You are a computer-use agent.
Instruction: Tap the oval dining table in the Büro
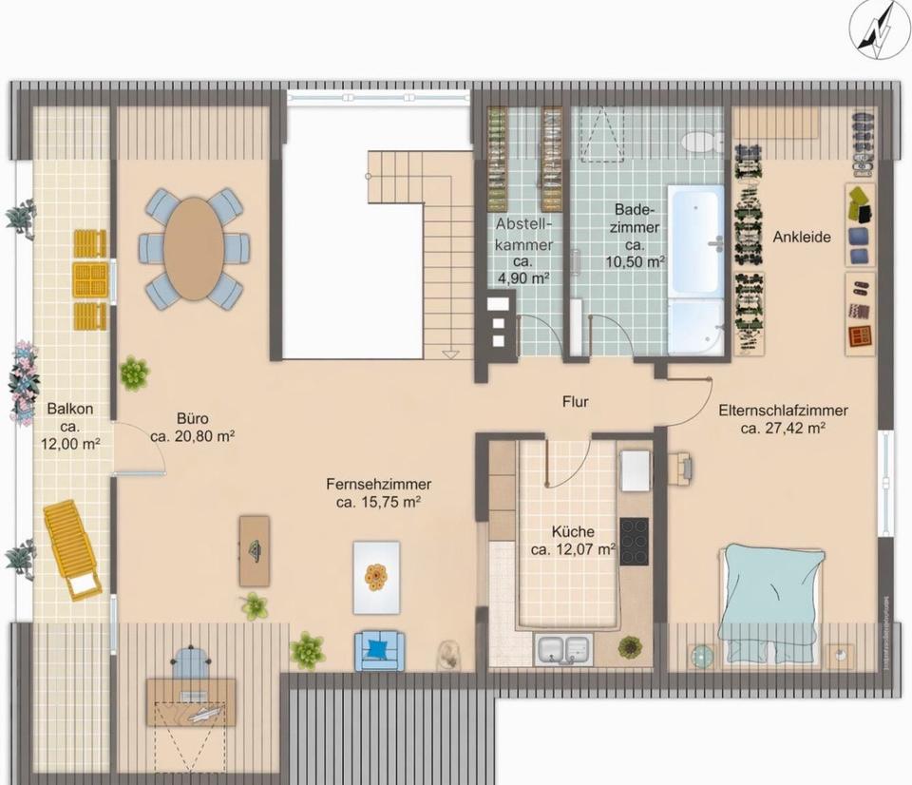[194, 248]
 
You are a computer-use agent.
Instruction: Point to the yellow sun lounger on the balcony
[71, 549]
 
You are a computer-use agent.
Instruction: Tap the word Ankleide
[802, 237]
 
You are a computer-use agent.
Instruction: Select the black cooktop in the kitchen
[634, 541]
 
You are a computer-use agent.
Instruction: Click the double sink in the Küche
[562, 648]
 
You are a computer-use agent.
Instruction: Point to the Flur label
[575, 401]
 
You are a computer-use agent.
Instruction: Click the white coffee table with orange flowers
[376, 577]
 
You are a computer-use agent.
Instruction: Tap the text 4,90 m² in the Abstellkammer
[523, 278]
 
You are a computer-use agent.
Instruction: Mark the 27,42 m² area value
[784, 429]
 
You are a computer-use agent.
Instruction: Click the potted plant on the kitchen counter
[629, 646]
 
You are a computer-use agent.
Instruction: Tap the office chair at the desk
[191, 661]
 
